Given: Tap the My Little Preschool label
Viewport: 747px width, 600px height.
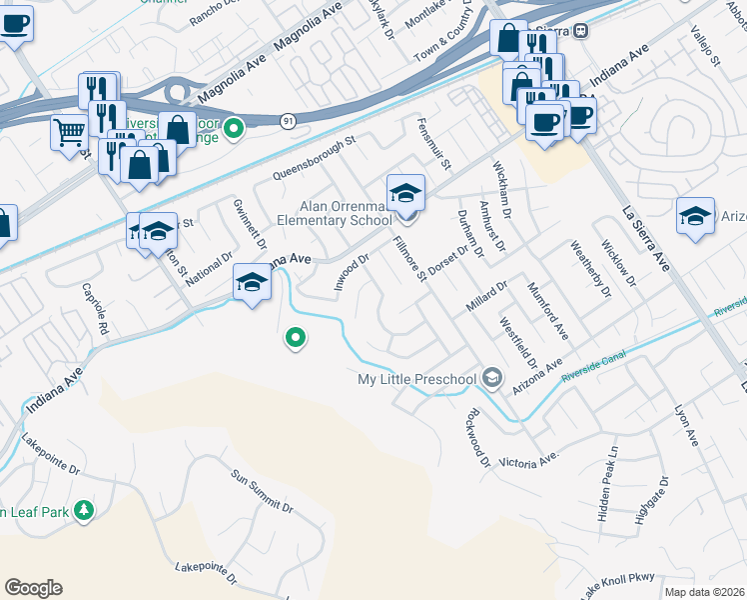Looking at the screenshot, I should click(417, 379).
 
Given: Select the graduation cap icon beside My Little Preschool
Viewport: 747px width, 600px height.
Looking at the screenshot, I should click(491, 377).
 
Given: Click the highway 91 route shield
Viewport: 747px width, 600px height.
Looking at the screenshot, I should click(288, 120).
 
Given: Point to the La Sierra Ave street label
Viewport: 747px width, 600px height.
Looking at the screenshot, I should click(645, 240).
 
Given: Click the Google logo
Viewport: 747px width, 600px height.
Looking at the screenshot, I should click(33, 588).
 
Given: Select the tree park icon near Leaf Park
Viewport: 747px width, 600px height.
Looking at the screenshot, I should click(84, 512).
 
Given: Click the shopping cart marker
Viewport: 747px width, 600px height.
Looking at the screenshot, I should click(69, 130).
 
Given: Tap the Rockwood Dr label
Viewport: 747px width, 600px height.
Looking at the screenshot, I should click(476, 438).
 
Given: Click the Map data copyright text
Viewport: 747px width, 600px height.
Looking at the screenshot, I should click(705, 592).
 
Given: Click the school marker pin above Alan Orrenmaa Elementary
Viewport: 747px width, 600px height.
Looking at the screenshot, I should click(406, 193).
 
